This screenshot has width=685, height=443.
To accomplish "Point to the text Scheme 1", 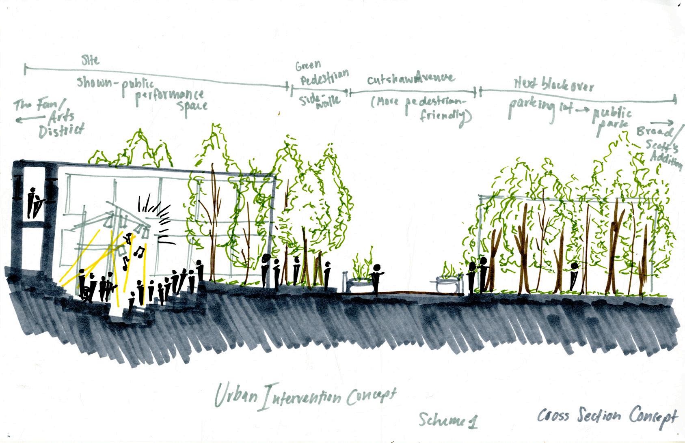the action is coord(448,420).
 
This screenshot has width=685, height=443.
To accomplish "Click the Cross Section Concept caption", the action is coord(607,416).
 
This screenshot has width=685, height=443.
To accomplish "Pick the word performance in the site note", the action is coord(170,96).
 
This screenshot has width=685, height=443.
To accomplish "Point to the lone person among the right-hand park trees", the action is coord(574,276).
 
